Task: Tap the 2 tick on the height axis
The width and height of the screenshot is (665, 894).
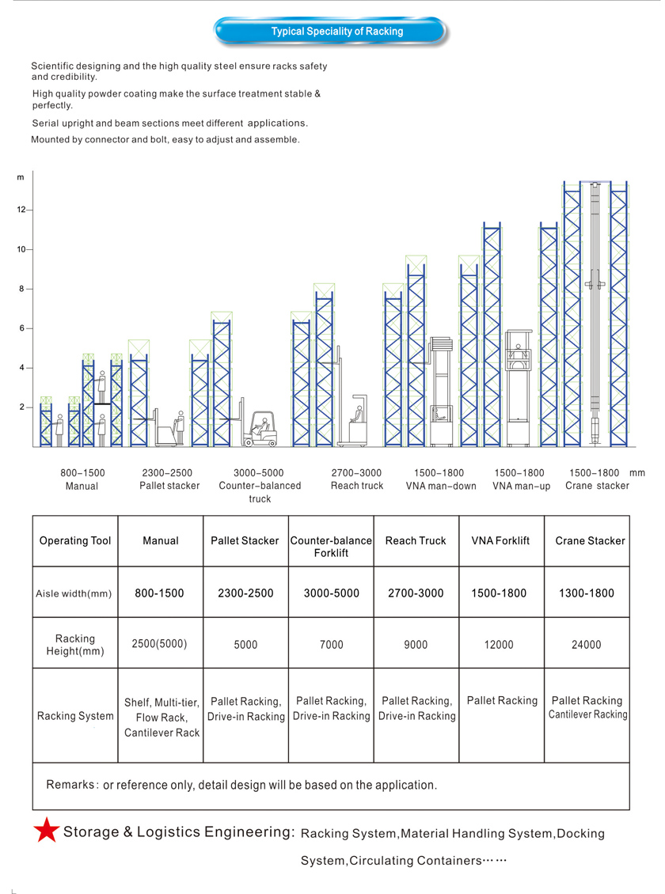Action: (x=28, y=407)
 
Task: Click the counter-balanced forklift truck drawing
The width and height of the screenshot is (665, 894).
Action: (x=260, y=428)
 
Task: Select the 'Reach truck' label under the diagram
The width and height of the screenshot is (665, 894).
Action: (x=356, y=486)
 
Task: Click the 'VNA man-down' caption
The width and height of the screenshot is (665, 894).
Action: (x=441, y=486)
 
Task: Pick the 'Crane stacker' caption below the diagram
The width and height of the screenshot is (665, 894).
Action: (x=597, y=486)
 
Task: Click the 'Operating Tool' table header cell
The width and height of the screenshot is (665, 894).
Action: (x=75, y=541)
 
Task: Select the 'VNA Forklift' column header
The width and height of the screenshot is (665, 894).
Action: (x=502, y=541)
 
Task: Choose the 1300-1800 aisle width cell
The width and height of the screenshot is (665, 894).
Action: (x=587, y=593)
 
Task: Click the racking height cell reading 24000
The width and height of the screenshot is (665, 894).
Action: (x=587, y=645)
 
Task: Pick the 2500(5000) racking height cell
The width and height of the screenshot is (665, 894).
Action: (x=161, y=644)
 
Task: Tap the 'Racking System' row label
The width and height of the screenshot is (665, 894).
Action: (x=75, y=716)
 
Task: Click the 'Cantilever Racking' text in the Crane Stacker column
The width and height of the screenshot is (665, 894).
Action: (x=587, y=714)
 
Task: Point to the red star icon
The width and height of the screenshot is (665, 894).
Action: (x=46, y=830)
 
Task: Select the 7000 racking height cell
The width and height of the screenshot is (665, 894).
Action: (x=331, y=645)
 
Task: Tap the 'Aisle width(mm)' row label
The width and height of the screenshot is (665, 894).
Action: (x=74, y=593)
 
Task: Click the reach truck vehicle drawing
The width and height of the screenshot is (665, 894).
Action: (x=355, y=423)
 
